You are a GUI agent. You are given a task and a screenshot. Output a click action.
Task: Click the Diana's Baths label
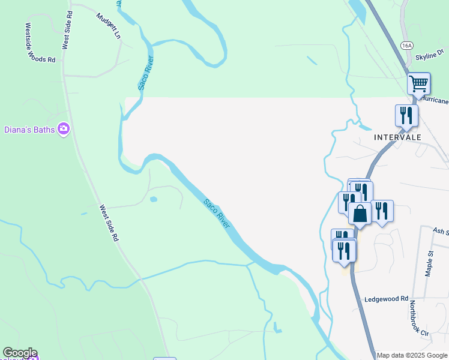pos(29,129)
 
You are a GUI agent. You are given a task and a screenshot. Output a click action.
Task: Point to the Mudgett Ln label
pos(109,25)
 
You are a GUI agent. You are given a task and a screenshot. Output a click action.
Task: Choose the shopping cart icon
pos(418,83)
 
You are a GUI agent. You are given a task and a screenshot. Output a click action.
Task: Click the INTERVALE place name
pos(397,137)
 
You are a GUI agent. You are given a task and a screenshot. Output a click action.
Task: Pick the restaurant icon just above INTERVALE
pos(406,115)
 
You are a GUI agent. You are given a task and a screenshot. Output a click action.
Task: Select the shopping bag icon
pos(360,214)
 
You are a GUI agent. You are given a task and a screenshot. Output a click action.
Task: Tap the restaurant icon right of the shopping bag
pos(382,211)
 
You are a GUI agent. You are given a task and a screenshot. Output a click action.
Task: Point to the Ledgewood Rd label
pos(386,298)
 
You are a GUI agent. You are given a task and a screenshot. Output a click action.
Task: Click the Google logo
pos(20,353)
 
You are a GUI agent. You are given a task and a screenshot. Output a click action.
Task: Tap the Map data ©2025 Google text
pos(412,355)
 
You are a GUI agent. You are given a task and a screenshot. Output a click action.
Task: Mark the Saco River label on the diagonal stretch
pos(217,214)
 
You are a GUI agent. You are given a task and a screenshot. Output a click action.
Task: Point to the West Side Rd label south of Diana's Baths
pos(109,223)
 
